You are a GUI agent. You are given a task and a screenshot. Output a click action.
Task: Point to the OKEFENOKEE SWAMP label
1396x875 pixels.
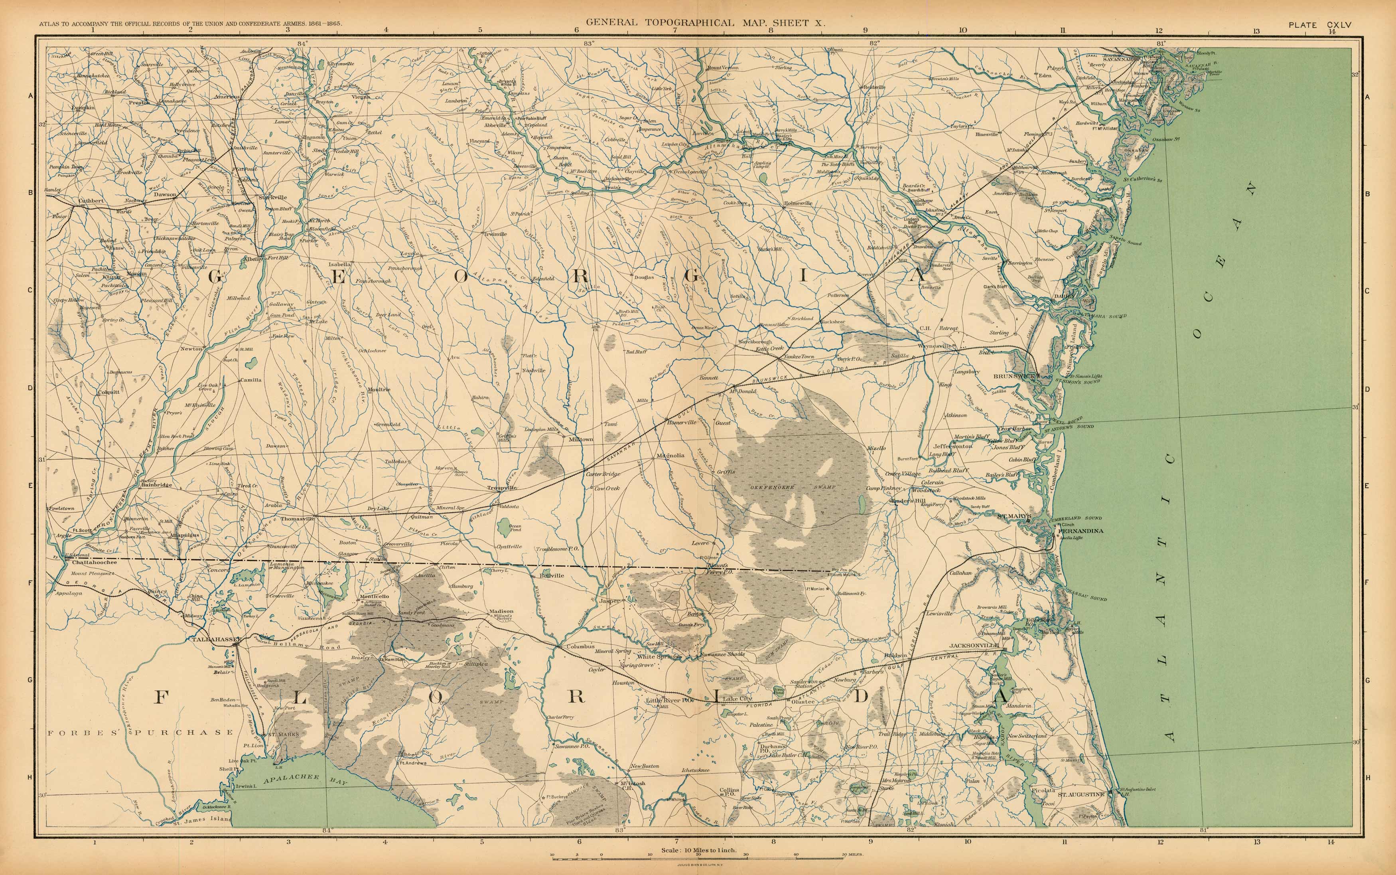coord(793,487)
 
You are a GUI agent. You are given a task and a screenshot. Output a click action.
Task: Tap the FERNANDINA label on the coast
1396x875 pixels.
coord(1080,531)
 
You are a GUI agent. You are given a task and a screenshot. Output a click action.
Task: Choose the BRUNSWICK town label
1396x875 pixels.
coord(1013,376)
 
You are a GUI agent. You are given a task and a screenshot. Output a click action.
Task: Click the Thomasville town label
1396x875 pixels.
coord(298,519)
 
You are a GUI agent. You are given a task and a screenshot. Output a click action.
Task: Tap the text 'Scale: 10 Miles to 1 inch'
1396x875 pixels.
coord(699,850)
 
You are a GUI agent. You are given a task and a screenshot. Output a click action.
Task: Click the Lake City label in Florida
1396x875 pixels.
coord(737,699)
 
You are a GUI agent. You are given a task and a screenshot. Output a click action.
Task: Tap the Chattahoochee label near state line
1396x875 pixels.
coord(94,562)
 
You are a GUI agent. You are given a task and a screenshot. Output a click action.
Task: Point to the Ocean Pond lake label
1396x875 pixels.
coord(515,528)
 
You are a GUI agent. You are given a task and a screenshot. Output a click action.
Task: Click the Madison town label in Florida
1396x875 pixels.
coord(501,611)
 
